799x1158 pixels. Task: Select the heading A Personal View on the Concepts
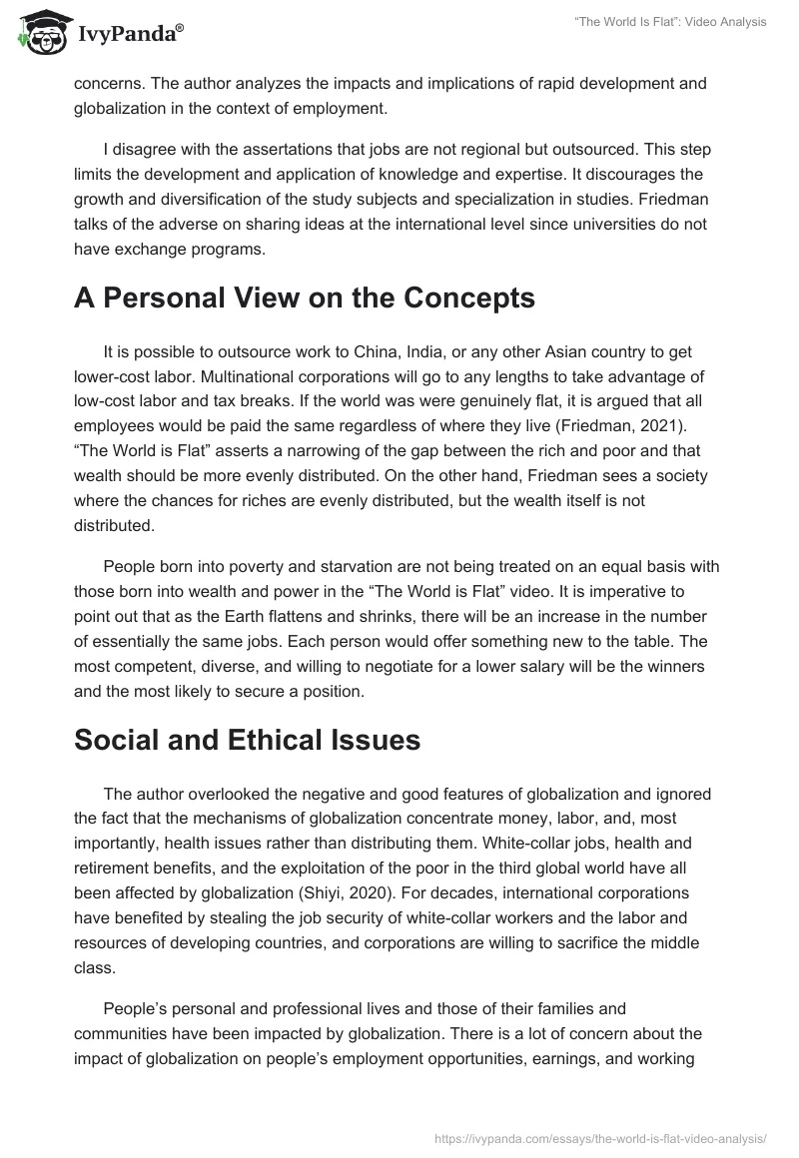click(x=304, y=298)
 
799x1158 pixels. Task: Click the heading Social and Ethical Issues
click(x=247, y=740)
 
